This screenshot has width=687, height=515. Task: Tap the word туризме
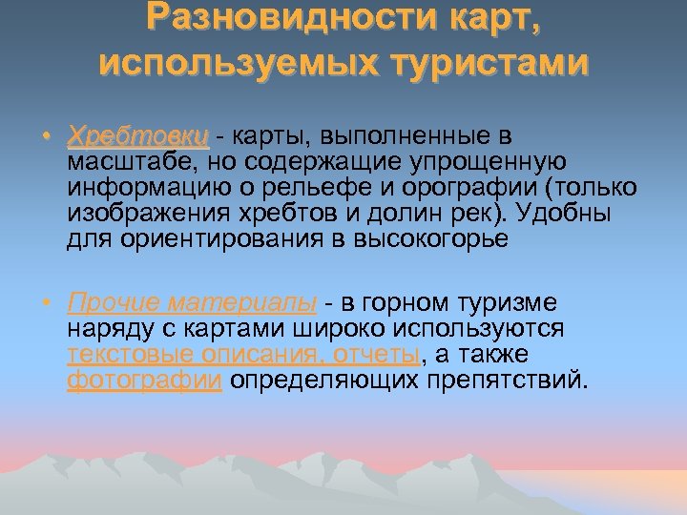pyautogui.click(x=510, y=304)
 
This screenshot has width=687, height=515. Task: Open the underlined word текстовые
pyautogui.click(x=129, y=356)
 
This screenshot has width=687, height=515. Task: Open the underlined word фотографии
pyautogui.click(x=144, y=381)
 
